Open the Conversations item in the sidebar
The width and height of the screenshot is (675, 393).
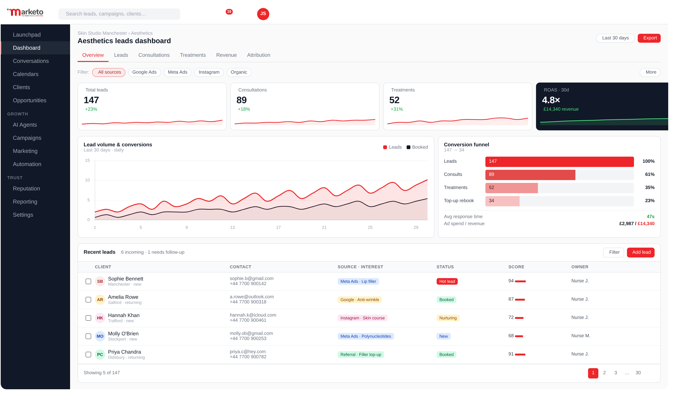(31, 61)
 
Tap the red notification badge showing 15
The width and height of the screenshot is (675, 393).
(229, 11)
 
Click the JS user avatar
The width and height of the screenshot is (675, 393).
(263, 14)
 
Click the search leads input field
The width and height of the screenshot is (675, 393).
(119, 14)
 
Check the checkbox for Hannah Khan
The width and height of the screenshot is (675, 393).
(88, 318)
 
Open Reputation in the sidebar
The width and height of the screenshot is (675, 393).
(26, 189)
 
